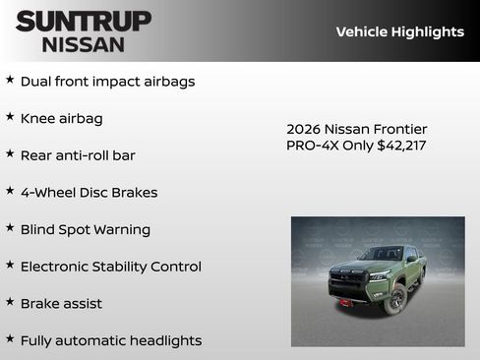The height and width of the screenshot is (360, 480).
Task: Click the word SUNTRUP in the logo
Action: click(x=83, y=21)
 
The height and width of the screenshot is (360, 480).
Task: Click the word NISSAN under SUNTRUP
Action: click(x=83, y=44)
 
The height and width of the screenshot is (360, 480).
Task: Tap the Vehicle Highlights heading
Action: click(x=399, y=31)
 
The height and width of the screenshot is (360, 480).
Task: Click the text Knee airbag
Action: click(x=61, y=118)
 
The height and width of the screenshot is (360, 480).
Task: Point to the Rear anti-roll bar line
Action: click(x=78, y=155)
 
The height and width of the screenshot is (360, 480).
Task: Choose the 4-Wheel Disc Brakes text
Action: click(x=89, y=193)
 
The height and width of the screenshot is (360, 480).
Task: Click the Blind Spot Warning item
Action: click(x=86, y=229)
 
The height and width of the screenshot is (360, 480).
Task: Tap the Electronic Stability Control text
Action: click(x=110, y=267)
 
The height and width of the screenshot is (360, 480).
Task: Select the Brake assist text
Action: click(x=61, y=304)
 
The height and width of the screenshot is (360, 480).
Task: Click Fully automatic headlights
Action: click(x=110, y=340)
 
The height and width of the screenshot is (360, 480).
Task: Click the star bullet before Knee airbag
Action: click(x=10, y=117)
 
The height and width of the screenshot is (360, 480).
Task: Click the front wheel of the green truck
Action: click(x=395, y=297)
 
